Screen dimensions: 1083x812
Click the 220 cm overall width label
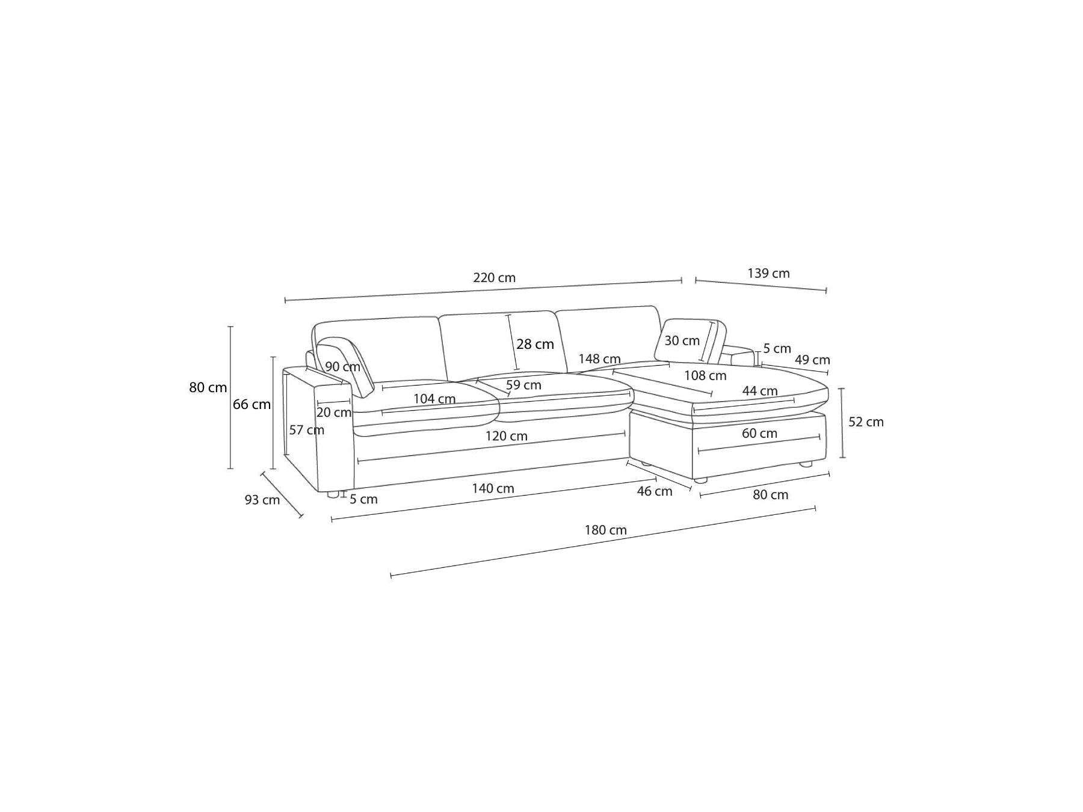(x=494, y=278)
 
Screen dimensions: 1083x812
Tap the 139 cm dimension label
(x=768, y=273)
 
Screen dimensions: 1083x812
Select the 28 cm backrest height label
(x=535, y=344)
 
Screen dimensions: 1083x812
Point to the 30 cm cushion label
(x=682, y=340)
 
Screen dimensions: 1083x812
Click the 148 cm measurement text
(x=599, y=359)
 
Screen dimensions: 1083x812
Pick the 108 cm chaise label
(x=705, y=376)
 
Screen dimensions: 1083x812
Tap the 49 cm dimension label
(x=812, y=360)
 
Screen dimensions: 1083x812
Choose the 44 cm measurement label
(x=760, y=391)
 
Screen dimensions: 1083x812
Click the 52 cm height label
(x=866, y=422)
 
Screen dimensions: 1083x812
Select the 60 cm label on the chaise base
(x=759, y=433)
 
